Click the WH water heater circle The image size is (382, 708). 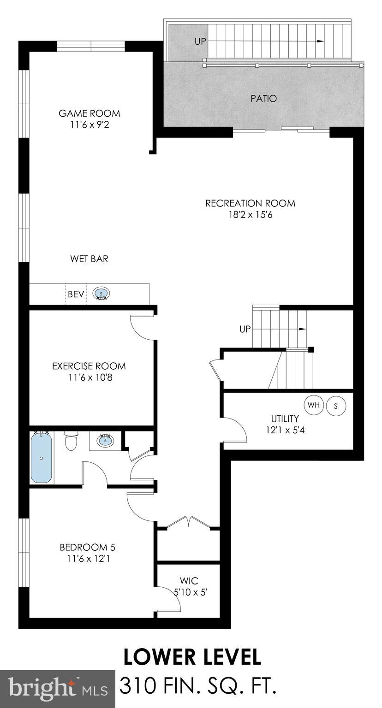pos(314,405)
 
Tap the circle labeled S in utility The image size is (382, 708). pos(336,406)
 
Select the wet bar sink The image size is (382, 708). pos(101,293)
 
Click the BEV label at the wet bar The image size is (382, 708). pos(76,294)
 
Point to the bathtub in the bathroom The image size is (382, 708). pos(42,457)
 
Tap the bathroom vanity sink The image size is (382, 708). pos(106,440)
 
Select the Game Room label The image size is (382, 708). pos(89,113)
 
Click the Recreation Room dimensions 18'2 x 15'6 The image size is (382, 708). pos(250,215)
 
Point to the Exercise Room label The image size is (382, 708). pos(89,366)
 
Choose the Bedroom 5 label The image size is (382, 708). pos(87,548)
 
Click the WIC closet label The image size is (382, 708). pos(190,581)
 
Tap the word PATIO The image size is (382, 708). pos(264,98)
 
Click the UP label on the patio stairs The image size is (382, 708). pos(200,41)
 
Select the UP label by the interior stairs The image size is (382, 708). pos(245,330)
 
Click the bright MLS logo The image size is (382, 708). pos(58,689)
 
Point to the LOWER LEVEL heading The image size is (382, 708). pos(192,656)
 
